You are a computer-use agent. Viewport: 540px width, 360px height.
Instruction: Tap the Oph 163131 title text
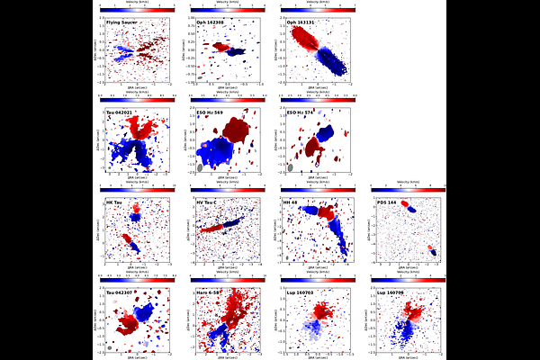(x=299, y=22)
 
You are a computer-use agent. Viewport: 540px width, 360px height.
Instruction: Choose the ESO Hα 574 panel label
(x=300, y=112)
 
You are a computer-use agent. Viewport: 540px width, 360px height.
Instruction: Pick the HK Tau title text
(x=116, y=202)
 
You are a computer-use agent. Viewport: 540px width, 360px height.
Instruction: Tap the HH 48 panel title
(x=292, y=202)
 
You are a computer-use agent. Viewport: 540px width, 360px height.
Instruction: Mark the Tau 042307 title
(x=121, y=292)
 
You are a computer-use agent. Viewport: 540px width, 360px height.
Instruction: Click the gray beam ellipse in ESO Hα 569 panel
(x=199, y=167)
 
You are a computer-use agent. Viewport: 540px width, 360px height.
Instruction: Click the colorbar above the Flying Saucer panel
(x=136, y=5)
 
